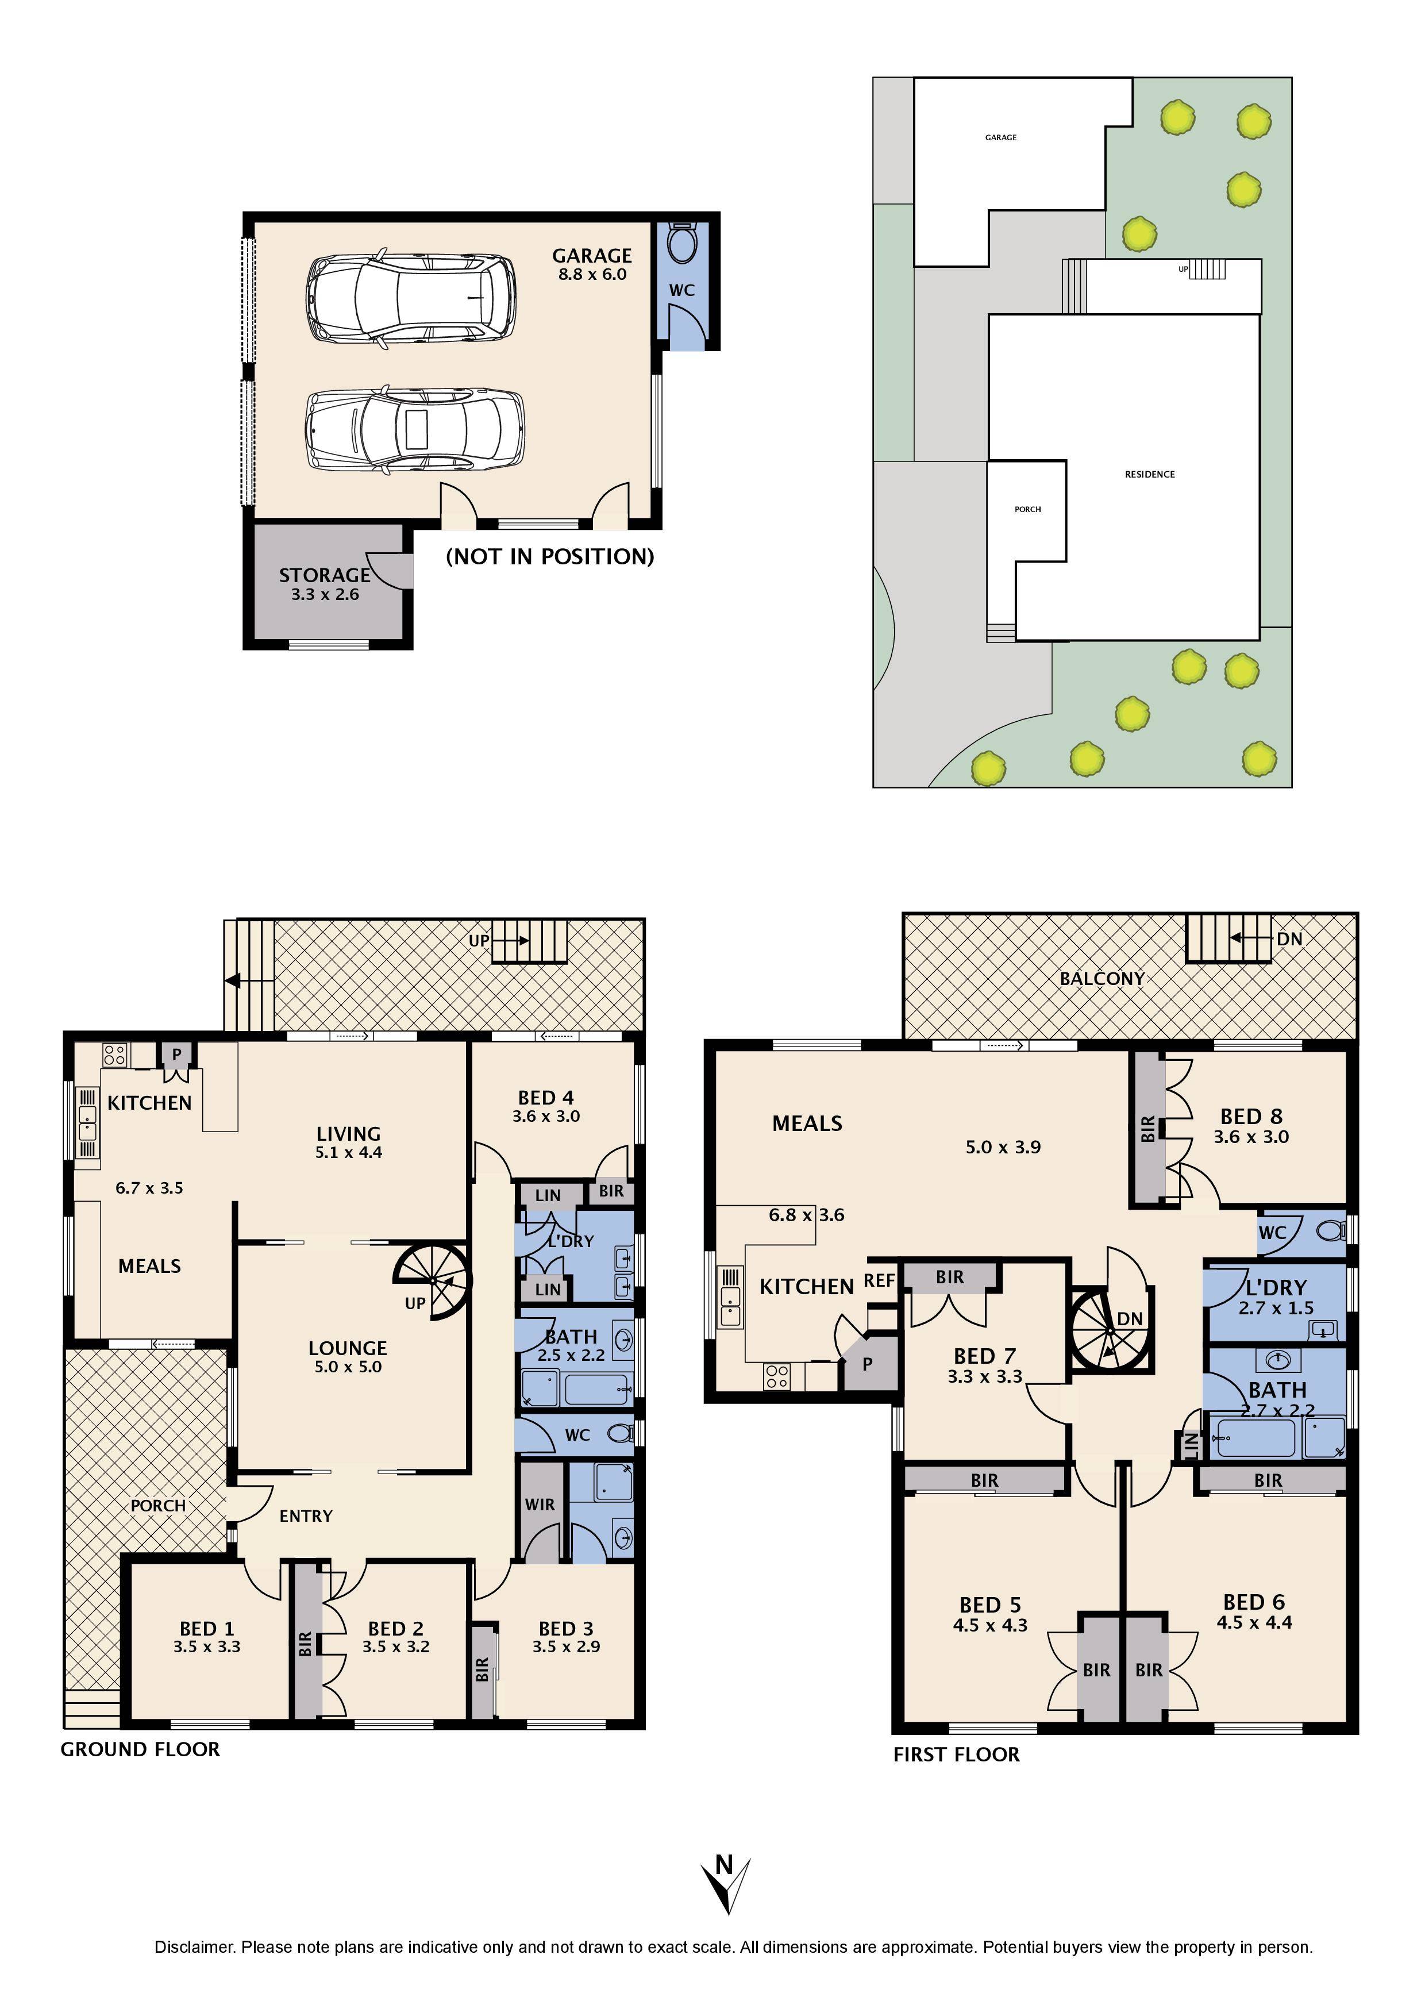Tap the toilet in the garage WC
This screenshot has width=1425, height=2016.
pos(681,244)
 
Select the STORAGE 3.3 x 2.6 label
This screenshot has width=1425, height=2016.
pos(324,584)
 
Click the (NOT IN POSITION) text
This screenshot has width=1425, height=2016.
pos(550,557)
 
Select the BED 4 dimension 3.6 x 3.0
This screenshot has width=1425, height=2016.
pos(545,1117)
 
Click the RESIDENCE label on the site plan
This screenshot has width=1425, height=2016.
pos(1149,474)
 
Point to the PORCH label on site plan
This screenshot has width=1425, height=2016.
pos(1027,509)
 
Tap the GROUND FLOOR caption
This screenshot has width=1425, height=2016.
pos(140,1749)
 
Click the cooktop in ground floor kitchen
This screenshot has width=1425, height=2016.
pos(114,1053)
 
